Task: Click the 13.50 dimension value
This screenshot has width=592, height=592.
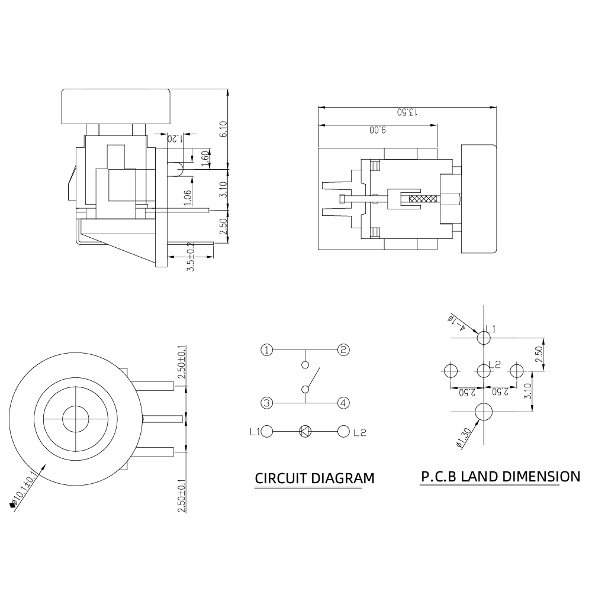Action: [x=407, y=112]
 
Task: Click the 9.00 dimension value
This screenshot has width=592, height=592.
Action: [x=378, y=130]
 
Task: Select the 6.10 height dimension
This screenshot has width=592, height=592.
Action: [x=223, y=129]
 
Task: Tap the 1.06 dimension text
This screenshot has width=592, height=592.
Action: [x=188, y=198]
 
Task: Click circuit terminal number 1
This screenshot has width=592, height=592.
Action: [x=267, y=350]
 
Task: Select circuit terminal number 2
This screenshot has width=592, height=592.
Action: [x=343, y=350]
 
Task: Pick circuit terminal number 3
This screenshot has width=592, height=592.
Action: [x=267, y=403]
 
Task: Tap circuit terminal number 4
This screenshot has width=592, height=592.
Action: [x=343, y=403]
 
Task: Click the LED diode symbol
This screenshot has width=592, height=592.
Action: [x=305, y=431]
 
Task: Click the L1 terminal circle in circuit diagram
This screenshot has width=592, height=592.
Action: [x=267, y=431]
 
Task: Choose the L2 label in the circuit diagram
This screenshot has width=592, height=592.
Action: [x=360, y=432]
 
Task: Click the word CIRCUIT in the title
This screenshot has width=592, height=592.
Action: [x=281, y=478]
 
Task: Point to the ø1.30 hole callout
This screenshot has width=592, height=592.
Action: [x=464, y=438]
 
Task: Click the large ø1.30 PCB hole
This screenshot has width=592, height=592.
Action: [x=484, y=412]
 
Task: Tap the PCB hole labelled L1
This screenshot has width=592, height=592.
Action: [x=484, y=338]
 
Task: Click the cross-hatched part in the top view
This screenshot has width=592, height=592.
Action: [x=423, y=199]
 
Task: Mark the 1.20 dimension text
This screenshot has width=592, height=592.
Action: [x=175, y=138]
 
